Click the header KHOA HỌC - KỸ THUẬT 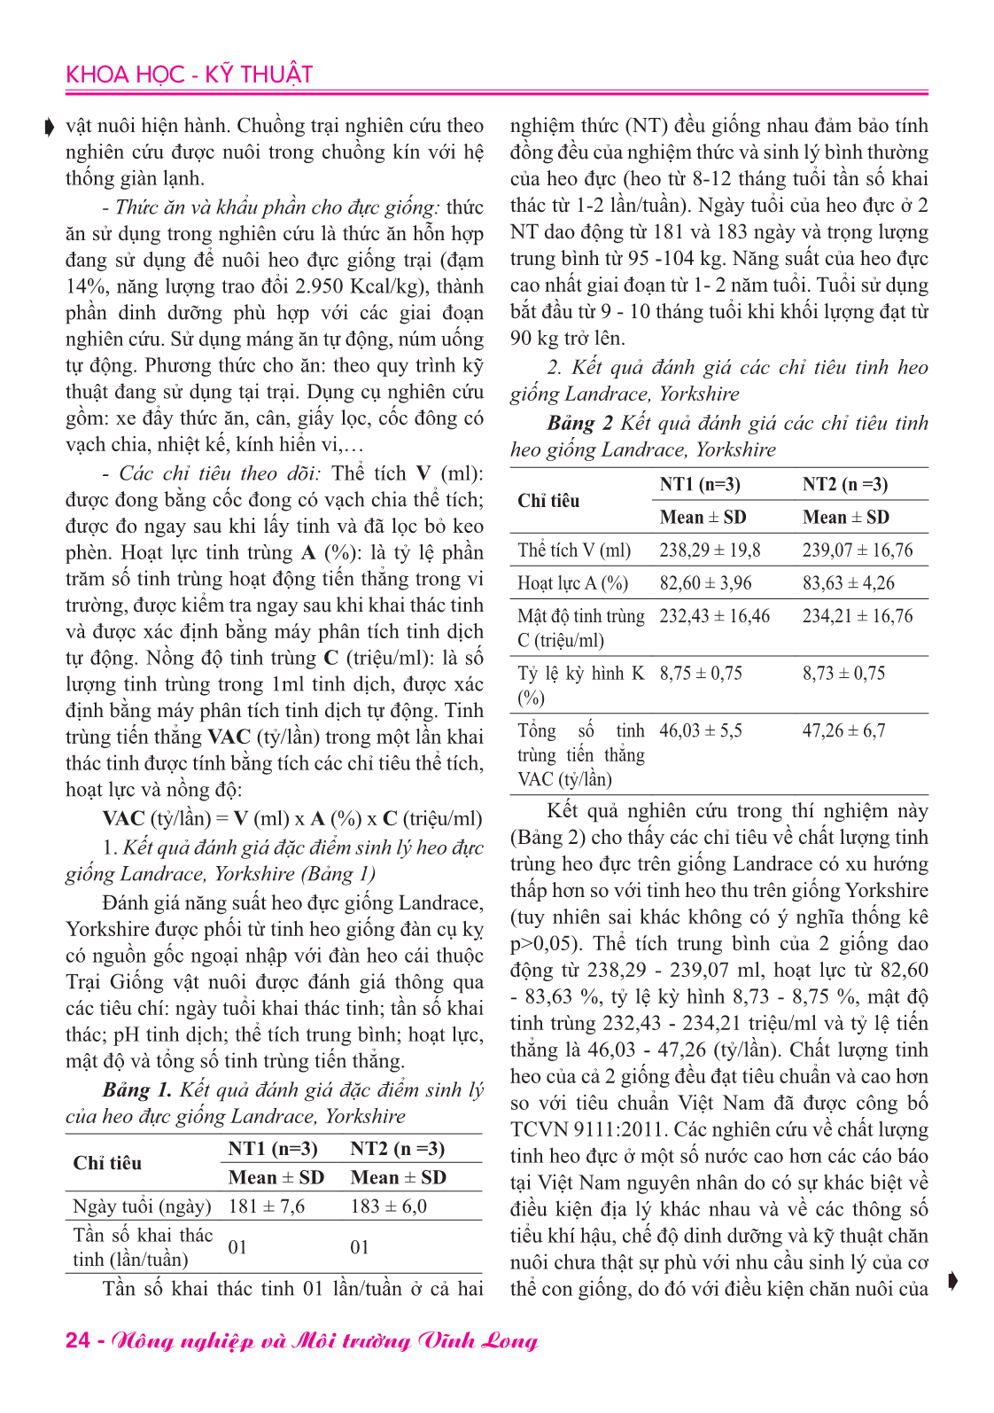click(189, 74)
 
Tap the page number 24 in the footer click(77, 1339)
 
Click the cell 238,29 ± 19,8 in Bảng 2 click(710, 550)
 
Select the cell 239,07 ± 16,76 click(857, 550)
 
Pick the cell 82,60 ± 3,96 click(705, 583)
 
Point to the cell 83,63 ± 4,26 click(848, 583)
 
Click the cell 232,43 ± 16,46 click(714, 616)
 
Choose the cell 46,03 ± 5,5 click(700, 731)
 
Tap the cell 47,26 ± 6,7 click(843, 731)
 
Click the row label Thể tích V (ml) click(574, 550)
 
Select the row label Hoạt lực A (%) click(572, 583)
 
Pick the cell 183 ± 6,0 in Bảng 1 click(388, 1206)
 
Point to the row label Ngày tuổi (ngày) click(142, 1206)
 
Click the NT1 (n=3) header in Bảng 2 click(700, 485)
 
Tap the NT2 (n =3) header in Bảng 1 click(397, 1149)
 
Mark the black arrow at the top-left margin click(50, 128)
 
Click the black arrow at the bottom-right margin click(951, 1280)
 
